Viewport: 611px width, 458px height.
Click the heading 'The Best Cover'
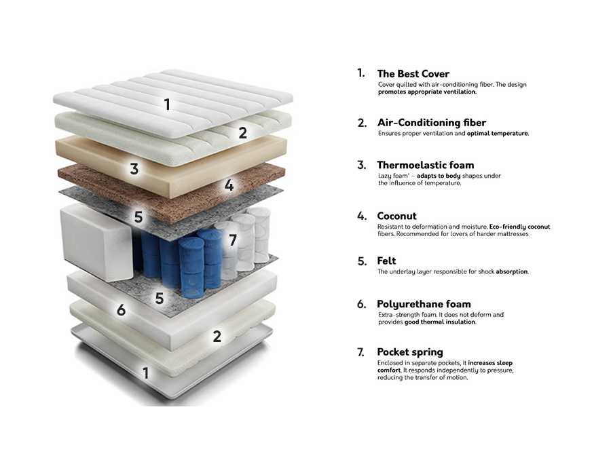pyautogui.click(x=413, y=73)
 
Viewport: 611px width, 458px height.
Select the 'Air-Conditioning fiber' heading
pyautogui.click(x=431, y=123)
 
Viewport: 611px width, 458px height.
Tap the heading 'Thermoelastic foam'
pyautogui.click(x=425, y=165)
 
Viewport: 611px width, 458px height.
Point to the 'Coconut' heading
pyautogui.click(x=396, y=216)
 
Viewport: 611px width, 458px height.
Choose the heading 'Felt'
pyautogui.click(x=386, y=261)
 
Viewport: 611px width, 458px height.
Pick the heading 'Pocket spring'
pyautogui.click(x=410, y=352)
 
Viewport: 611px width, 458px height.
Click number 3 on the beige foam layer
pyautogui.click(x=134, y=169)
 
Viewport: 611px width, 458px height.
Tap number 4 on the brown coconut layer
pyautogui.click(x=229, y=185)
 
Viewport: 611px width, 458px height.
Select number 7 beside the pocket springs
pyautogui.click(x=233, y=240)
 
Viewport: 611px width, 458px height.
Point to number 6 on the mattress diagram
pyautogui.click(x=122, y=310)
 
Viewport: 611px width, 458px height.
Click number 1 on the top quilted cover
pyautogui.click(x=167, y=104)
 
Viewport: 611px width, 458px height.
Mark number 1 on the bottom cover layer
pyautogui.click(x=146, y=373)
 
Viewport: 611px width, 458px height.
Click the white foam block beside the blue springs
pyautogui.click(x=96, y=242)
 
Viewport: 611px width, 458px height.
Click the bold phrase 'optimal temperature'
pyautogui.click(x=498, y=133)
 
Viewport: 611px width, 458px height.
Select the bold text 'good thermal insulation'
pyautogui.click(x=441, y=322)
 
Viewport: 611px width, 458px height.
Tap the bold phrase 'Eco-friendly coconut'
pyautogui.click(x=520, y=226)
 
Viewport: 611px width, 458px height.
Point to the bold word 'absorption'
pyautogui.click(x=512, y=271)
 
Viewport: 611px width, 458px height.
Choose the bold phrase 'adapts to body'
pyautogui.click(x=439, y=176)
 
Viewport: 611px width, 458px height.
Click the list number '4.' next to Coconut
pyautogui.click(x=362, y=216)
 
